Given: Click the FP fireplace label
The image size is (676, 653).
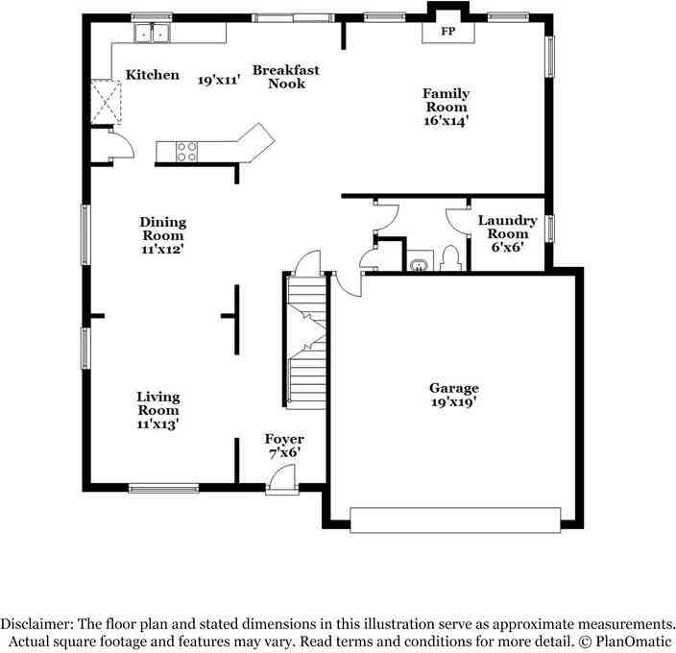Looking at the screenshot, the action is [447, 31].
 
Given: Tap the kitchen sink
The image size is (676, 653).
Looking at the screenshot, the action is [152, 33].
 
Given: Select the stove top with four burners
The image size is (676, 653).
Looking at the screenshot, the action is [186, 152].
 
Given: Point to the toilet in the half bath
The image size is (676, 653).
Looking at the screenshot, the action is [450, 258].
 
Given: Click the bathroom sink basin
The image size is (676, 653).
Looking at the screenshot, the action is [420, 265].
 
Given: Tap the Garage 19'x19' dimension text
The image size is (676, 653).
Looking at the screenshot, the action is [453, 402].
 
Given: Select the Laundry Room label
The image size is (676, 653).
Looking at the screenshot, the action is [507, 227].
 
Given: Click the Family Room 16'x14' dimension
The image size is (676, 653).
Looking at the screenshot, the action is [446, 121].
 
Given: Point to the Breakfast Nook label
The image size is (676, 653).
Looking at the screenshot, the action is [286, 76].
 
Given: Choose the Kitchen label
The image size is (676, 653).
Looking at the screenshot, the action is [152, 75].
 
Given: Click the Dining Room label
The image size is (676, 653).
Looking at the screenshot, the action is [163, 229].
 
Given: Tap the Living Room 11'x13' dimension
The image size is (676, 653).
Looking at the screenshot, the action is [157, 424].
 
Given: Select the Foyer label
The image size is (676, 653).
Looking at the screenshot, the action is [284, 439].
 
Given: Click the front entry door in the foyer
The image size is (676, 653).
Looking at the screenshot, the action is [281, 479].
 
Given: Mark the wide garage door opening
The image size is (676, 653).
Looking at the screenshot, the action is [455, 520].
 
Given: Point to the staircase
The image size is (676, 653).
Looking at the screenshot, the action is [306, 342].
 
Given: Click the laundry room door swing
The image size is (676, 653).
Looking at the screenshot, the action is [457, 221].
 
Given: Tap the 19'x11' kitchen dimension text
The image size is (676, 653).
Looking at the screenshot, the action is [219, 80].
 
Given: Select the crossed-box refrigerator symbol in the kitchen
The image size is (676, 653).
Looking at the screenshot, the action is [107, 102].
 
